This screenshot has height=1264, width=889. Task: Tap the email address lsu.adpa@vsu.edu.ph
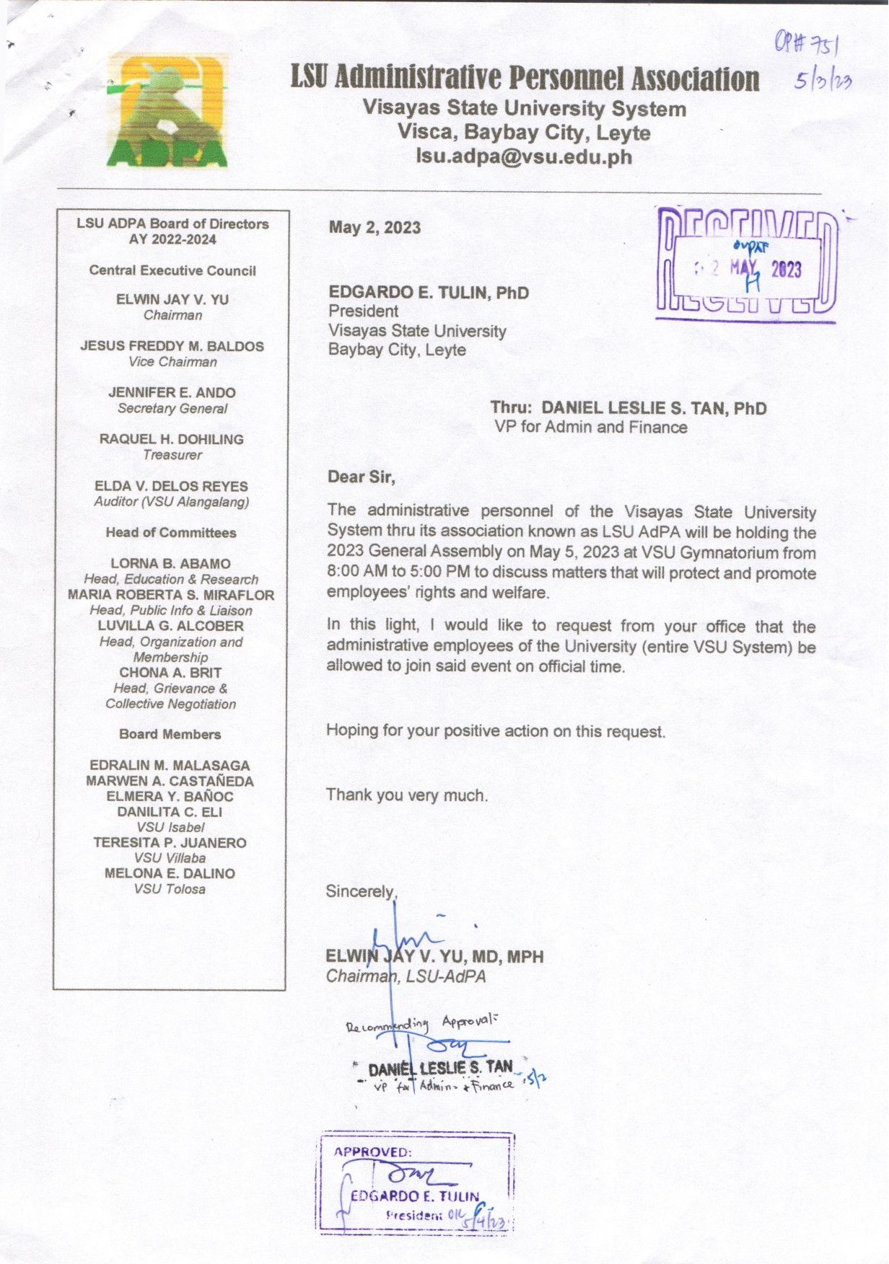(525, 156)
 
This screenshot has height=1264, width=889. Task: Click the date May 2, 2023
(375, 228)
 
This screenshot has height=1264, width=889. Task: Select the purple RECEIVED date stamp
(748, 265)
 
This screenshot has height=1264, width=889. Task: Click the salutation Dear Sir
(361, 477)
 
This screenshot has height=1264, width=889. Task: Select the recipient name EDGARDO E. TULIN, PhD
(429, 293)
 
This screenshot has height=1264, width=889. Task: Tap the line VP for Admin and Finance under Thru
(590, 428)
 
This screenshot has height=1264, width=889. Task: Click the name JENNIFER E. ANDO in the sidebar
(172, 393)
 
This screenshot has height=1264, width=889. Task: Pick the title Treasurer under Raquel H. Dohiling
(172, 455)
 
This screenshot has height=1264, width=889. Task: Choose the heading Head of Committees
(171, 533)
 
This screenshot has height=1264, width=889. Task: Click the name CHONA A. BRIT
(170, 673)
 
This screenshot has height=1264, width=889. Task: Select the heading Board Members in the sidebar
(170, 735)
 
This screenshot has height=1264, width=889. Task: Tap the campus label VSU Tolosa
(170, 890)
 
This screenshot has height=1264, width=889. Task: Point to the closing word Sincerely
(360, 891)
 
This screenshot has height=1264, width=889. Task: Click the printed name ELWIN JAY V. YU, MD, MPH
(435, 957)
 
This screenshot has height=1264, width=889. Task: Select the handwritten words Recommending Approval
(420, 1023)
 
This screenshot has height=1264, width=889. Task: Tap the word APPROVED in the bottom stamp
(372, 1152)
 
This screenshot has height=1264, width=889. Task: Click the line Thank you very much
(406, 795)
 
